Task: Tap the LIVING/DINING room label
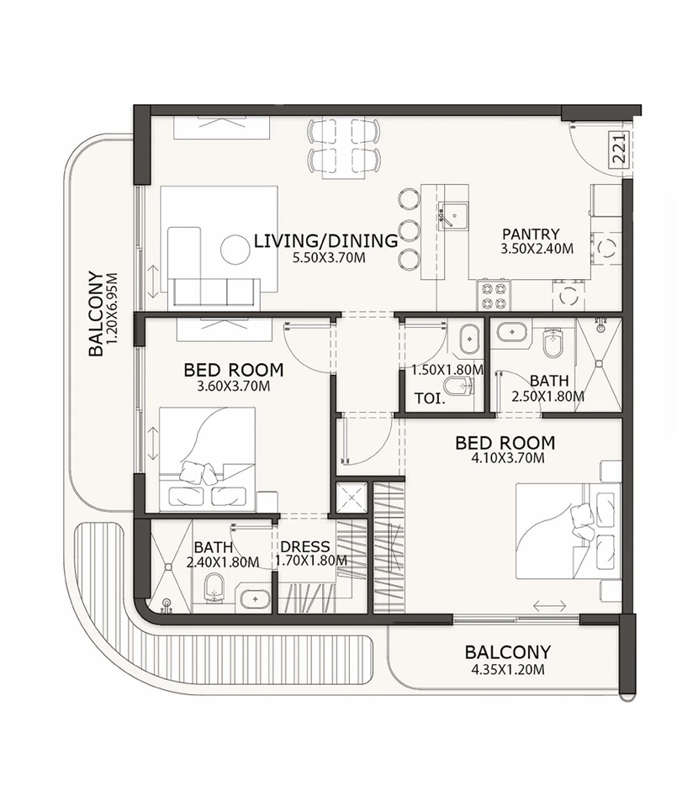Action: point(325,242)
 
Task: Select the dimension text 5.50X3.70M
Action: point(329,259)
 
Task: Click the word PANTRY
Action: point(531,234)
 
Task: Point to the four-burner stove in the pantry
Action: point(493,295)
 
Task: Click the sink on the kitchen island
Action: point(452,216)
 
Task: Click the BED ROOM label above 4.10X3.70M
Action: point(505,442)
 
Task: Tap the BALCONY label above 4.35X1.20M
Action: point(508,652)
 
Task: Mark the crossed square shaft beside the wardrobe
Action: point(351,498)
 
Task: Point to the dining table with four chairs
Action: point(344,145)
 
